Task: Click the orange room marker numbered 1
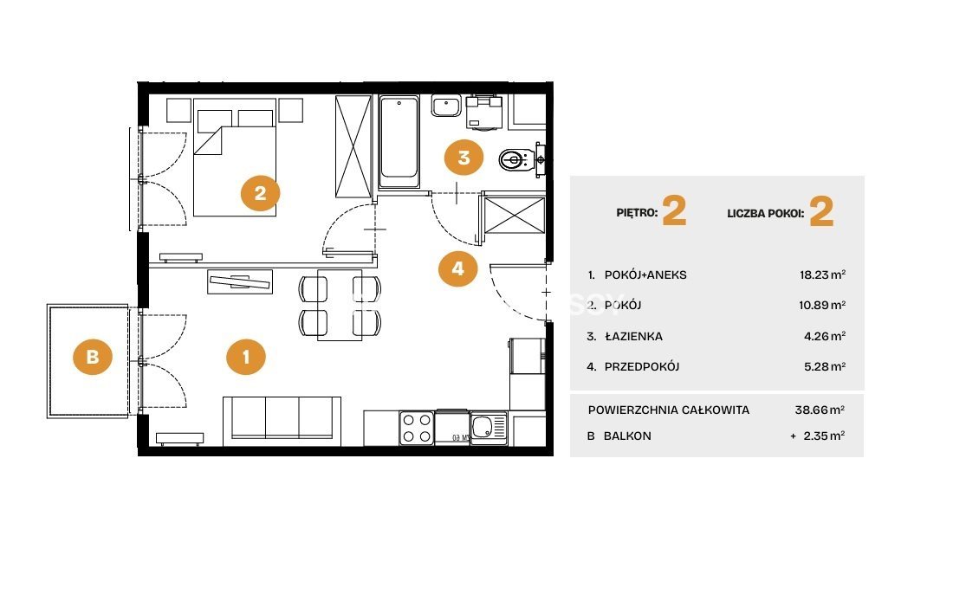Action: pyautogui.click(x=245, y=357)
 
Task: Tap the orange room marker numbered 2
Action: pyautogui.click(x=260, y=193)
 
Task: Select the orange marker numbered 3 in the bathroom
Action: pyautogui.click(x=464, y=158)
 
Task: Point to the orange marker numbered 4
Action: pyautogui.click(x=457, y=268)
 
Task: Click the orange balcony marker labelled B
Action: pyautogui.click(x=93, y=356)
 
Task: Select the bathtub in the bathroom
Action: pyautogui.click(x=399, y=142)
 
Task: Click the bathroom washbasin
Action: pyautogui.click(x=447, y=105)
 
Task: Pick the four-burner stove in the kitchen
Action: pyautogui.click(x=417, y=428)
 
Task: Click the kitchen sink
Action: pyautogui.click(x=489, y=427)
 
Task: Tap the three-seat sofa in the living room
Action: pyautogui.click(x=282, y=420)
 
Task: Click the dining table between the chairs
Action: pyautogui.click(x=340, y=305)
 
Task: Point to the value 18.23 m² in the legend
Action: pyautogui.click(x=822, y=274)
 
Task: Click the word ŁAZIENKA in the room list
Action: pyautogui.click(x=633, y=336)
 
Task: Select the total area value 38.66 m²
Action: pyautogui.click(x=820, y=410)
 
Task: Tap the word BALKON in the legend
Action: pyautogui.click(x=627, y=436)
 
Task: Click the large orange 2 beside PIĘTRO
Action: pyautogui.click(x=674, y=211)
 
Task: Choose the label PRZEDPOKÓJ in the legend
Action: pyautogui.click(x=642, y=367)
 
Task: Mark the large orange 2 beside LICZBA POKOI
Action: pyautogui.click(x=821, y=212)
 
